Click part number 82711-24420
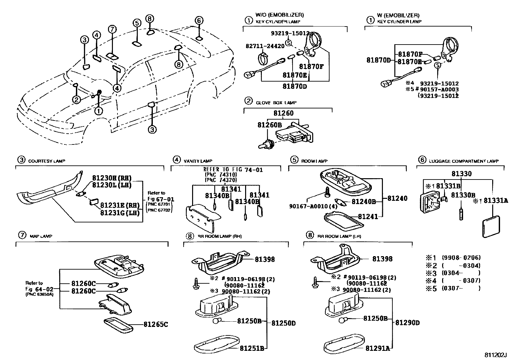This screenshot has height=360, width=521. click(x=265, y=46)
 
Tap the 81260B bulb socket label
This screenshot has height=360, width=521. click(x=269, y=125)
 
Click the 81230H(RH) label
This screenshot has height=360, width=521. click(x=112, y=178)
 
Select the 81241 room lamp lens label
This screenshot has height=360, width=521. click(x=368, y=217)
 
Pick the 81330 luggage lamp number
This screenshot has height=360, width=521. click(x=461, y=174)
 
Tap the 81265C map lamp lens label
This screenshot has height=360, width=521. click(x=155, y=324)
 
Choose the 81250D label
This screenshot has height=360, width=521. click(x=283, y=323)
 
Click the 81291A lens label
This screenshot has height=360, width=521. click(x=378, y=348)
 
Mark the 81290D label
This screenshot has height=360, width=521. click(x=407, y=323)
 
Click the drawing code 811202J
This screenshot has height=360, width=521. click(x=495, y=355)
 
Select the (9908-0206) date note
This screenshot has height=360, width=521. click(x=461, y=258)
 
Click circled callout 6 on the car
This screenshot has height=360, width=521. click(x=198, y=20)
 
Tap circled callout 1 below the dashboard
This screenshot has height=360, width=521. click(x=99, y=111)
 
